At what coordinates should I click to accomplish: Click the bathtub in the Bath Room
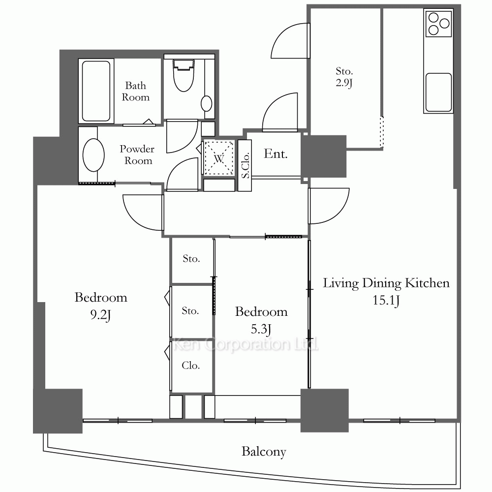(96, 91)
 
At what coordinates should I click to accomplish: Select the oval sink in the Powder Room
(93, 155)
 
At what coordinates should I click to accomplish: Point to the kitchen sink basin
(439, 92)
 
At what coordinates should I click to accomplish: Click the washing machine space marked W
(219, 158)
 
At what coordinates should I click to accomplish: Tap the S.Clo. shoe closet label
(245, 165)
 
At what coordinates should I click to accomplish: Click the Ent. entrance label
(276, 154)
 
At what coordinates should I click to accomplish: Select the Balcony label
(264, 452)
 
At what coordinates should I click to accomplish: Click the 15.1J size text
(386, 301)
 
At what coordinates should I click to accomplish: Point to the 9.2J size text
(100, 315)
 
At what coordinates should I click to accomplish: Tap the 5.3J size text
(261, 329)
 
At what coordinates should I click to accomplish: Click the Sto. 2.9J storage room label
(344, 77)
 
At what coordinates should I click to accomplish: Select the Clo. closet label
(191, 366)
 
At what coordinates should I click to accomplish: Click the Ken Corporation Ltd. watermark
(246, 344)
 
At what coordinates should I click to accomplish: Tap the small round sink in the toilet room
(206, 103)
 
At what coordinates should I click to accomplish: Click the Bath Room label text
(136, 92)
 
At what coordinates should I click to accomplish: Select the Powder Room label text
(137, 154)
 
